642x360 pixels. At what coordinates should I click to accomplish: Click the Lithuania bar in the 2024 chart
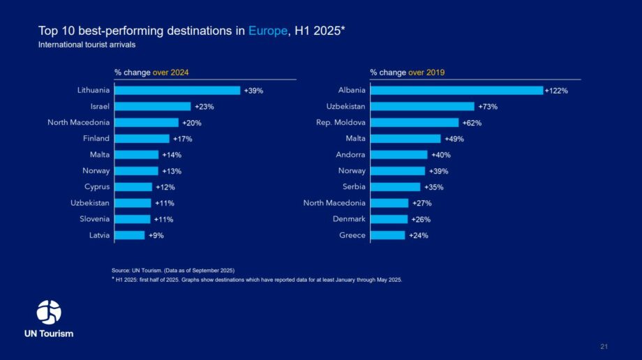click(x=177, y=91)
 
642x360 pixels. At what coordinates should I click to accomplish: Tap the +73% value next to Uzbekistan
click(x=488, y=107)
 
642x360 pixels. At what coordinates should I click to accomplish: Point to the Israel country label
click(x=98, y=107)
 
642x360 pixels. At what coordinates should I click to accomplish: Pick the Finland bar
click(x=142, y=139)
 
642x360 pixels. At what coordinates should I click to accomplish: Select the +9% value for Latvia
click(x=156, y=236)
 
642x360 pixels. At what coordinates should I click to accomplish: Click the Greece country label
click(x=352, y=236)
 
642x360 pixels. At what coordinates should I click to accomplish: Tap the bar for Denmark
click(x=389, y=219)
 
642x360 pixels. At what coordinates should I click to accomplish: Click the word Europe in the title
click(x=267, y=31)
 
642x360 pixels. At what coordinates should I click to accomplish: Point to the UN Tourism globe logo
click(x=49, y=312)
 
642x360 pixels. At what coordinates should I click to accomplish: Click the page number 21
click(x=604, y=347)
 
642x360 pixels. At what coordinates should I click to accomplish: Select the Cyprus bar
click(x=133, y=187)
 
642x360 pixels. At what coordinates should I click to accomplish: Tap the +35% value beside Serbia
click(x=434, y=187)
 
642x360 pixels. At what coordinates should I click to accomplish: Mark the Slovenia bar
click(x=133, y=219)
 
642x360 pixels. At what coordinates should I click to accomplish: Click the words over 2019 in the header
click(x=426, y=72)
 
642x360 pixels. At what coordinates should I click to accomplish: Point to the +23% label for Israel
click(x=204, y=107)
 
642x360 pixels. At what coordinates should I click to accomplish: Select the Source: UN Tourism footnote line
click(x=173, y=270)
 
